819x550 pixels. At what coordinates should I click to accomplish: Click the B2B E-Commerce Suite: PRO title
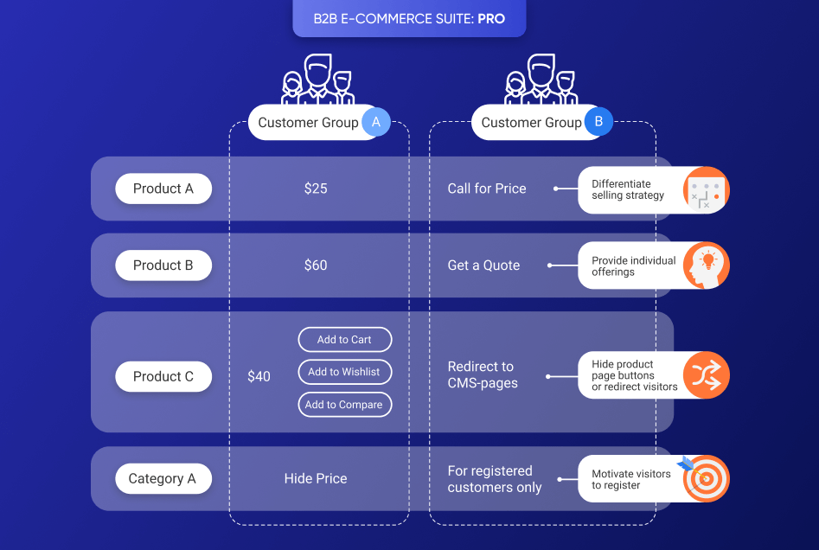pos(409,18)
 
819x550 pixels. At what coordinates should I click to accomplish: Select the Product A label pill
pos(163,189)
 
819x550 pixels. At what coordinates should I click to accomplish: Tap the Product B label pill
pos(163,265)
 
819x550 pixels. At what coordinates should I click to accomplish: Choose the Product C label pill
pos(163,376)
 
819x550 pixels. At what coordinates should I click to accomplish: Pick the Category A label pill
pos(163,478)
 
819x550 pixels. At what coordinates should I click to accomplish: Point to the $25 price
pos(316,189)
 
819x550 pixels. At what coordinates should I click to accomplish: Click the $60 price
pos(316,265)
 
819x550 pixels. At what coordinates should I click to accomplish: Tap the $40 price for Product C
pos(259,376)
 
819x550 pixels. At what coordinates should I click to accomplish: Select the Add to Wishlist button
pos(344,372)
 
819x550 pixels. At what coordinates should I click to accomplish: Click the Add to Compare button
pos(344,405)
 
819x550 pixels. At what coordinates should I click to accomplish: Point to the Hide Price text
pos(316,478)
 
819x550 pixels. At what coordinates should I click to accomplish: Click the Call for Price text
pos(487,189)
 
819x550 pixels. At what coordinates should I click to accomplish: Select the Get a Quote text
pos(483,265)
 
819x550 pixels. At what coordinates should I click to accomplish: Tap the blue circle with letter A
pos(375,123)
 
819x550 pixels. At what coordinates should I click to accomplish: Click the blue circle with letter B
pos(598,123)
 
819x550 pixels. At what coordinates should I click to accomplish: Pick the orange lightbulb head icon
pos(707,265)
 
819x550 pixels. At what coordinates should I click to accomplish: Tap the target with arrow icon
pos(705,478)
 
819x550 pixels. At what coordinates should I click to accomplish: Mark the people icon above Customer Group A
pos(318,80)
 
